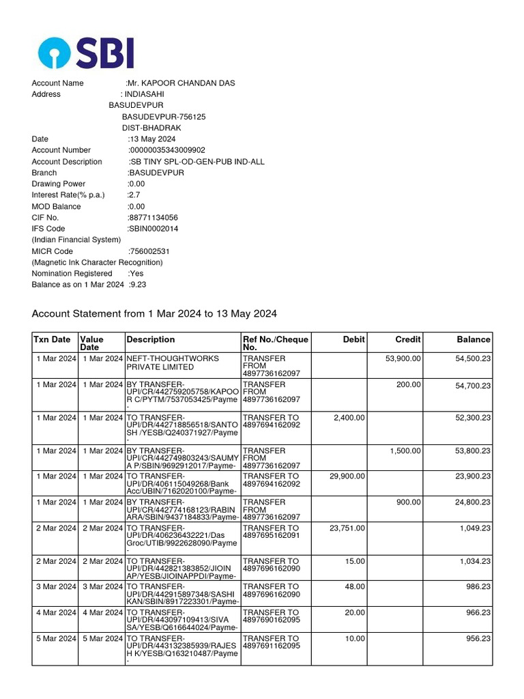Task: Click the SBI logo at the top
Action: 86,53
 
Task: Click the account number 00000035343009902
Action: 167,150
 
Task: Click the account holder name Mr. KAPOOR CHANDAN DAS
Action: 181,83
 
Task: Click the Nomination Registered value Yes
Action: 136,273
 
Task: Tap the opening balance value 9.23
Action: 138,285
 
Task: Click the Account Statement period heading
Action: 154,314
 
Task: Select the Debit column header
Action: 354,339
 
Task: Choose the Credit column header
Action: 408,339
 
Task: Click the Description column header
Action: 151,339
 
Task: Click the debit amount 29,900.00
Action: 346,476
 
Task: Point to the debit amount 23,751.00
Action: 346,528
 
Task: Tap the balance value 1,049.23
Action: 473,528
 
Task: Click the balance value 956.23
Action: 476,639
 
